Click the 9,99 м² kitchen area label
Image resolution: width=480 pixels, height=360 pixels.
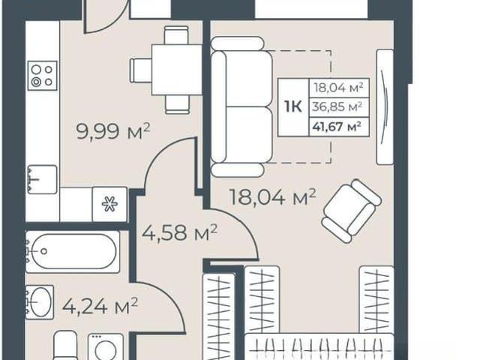click(x=113, y=131)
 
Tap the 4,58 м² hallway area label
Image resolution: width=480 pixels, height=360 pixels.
click(x=179, y=232)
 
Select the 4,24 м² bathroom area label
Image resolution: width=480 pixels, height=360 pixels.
click(x=100, y=305)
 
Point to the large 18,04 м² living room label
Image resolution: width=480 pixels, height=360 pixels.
click(x=272, y=196)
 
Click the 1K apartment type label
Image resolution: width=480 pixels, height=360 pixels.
click(x=293, y=106)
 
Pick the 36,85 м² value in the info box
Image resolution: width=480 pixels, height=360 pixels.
click(x=337, y=106)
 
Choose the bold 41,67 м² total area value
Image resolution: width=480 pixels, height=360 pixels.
click(x=337, y=126)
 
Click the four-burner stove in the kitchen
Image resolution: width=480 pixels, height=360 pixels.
click(x=43, y=76)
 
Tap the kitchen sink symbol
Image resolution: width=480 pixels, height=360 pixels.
click(x=42, y=179)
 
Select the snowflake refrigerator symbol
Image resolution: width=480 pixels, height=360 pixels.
click(x=109, y=204)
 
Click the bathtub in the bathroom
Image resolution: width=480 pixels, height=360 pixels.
click(x=73, y=252)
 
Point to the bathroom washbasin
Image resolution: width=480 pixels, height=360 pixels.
click(x=40, y=302)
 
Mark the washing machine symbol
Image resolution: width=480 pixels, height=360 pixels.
click(x=106, y=346)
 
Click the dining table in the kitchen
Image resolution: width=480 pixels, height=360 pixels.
click(x=177, y=70)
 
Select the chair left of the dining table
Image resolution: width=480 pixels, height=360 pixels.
click(x=141, y=70)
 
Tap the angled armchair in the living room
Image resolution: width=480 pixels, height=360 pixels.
click(x=352, y=211)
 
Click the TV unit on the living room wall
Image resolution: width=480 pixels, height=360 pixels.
click(x=385, y=106)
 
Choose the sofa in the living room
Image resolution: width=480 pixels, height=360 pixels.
click(x=241, y=106)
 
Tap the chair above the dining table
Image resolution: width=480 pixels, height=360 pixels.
click(x=176, y=35)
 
